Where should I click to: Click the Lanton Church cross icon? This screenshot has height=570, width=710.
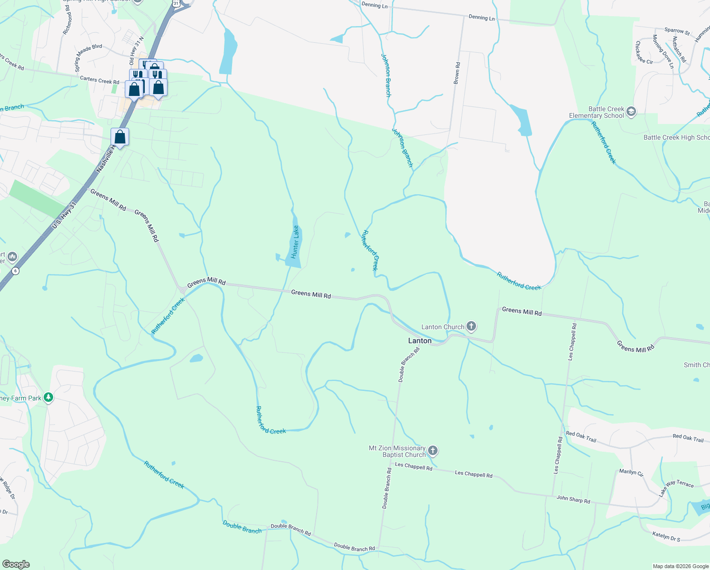[471, 326]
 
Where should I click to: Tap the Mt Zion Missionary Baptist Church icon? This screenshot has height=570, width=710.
[432, 450]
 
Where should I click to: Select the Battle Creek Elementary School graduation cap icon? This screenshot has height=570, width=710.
[631, 112]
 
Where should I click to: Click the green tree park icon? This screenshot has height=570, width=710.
[48, 397]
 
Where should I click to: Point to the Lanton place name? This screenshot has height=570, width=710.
[420, 341]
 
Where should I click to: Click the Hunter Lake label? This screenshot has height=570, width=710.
[295, 242]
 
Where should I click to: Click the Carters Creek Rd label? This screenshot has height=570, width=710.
[99, 80]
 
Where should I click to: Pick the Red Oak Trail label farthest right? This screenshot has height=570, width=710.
[688, 438]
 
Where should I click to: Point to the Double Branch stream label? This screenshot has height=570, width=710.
[242, 527]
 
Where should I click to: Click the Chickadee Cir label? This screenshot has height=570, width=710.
[644, 52]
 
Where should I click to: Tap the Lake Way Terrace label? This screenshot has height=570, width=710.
[676, 487]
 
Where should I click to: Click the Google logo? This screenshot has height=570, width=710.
[16, 564]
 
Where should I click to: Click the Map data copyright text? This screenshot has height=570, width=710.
[681, 566]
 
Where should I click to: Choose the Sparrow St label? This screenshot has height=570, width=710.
[677, 31]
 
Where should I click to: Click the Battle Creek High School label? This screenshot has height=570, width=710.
[676, 137]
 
